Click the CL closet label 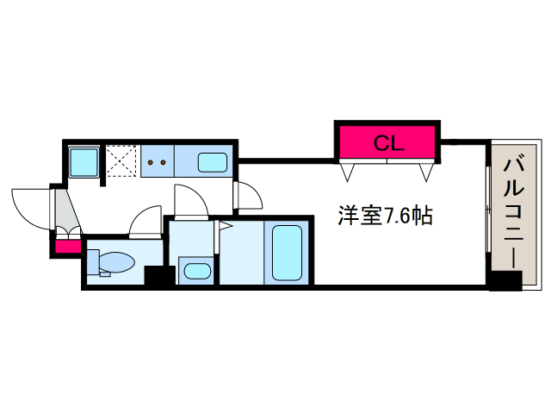point(388,143)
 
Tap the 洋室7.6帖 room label point(384,216)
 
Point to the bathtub point(287,252)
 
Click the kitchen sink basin point(213,161)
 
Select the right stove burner point(164,160)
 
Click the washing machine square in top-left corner point(84,160)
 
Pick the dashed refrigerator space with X point(121,160)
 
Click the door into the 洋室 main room point(248,198)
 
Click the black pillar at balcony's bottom point(505,280)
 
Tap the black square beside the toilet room point(158,277)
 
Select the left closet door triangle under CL point(349,172)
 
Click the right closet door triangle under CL point(425,172)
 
